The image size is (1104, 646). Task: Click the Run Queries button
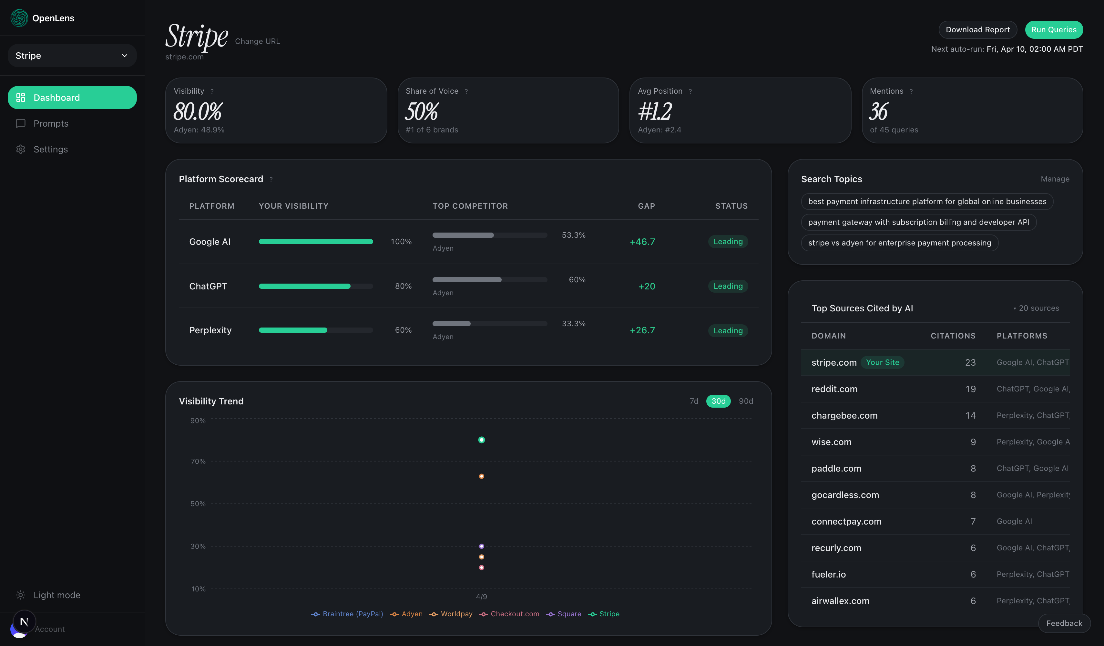(1053, 29)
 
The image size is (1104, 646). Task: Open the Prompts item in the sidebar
(51, 124)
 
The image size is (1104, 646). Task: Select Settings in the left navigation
(50, 150)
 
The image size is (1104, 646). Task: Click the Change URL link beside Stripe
(257, 41)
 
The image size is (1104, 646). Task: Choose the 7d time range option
(693, 401)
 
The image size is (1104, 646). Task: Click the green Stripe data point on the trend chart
(481, 440)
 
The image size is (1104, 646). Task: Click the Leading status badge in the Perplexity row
(728, 330)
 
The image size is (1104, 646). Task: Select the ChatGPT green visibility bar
(304, 286)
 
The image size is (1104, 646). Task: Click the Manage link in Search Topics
(1055, 179)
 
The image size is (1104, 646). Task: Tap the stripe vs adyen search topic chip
(899, 243)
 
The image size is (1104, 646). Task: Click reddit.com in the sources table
(834, 389)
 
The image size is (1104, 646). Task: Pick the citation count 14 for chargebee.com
(970, 415)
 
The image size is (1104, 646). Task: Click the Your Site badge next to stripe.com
(882, 362)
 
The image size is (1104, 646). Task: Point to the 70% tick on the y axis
(198, 461)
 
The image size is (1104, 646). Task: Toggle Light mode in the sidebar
(56, 595)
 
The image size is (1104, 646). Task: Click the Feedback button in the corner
(1064, 623)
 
